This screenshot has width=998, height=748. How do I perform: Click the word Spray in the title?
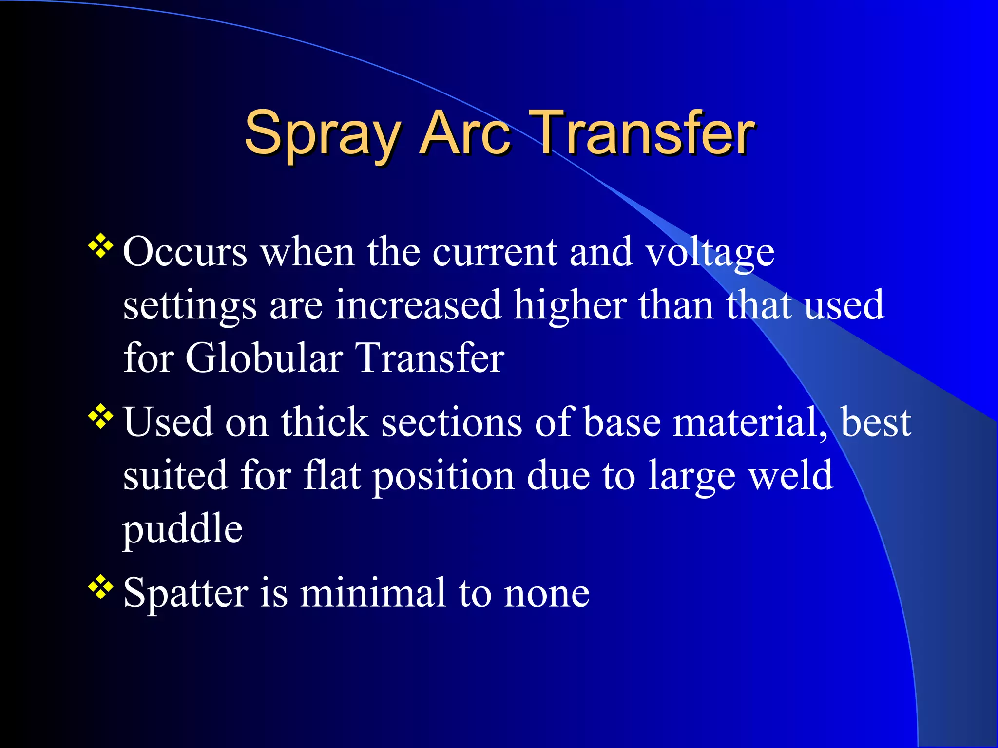(322, 134)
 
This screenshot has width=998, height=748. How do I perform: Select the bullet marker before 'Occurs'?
(100, 246)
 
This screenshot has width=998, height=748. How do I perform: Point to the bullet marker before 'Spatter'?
(100, 587)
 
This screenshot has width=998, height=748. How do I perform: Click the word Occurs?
(185, 252)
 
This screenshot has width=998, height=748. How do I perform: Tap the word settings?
(190, 306)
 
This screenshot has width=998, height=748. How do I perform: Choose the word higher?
(570, 306)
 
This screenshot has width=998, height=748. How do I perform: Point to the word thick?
(324, 422)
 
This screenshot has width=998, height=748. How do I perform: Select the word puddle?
(182, 529)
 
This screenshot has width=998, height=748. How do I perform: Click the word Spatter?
(186, 593)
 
